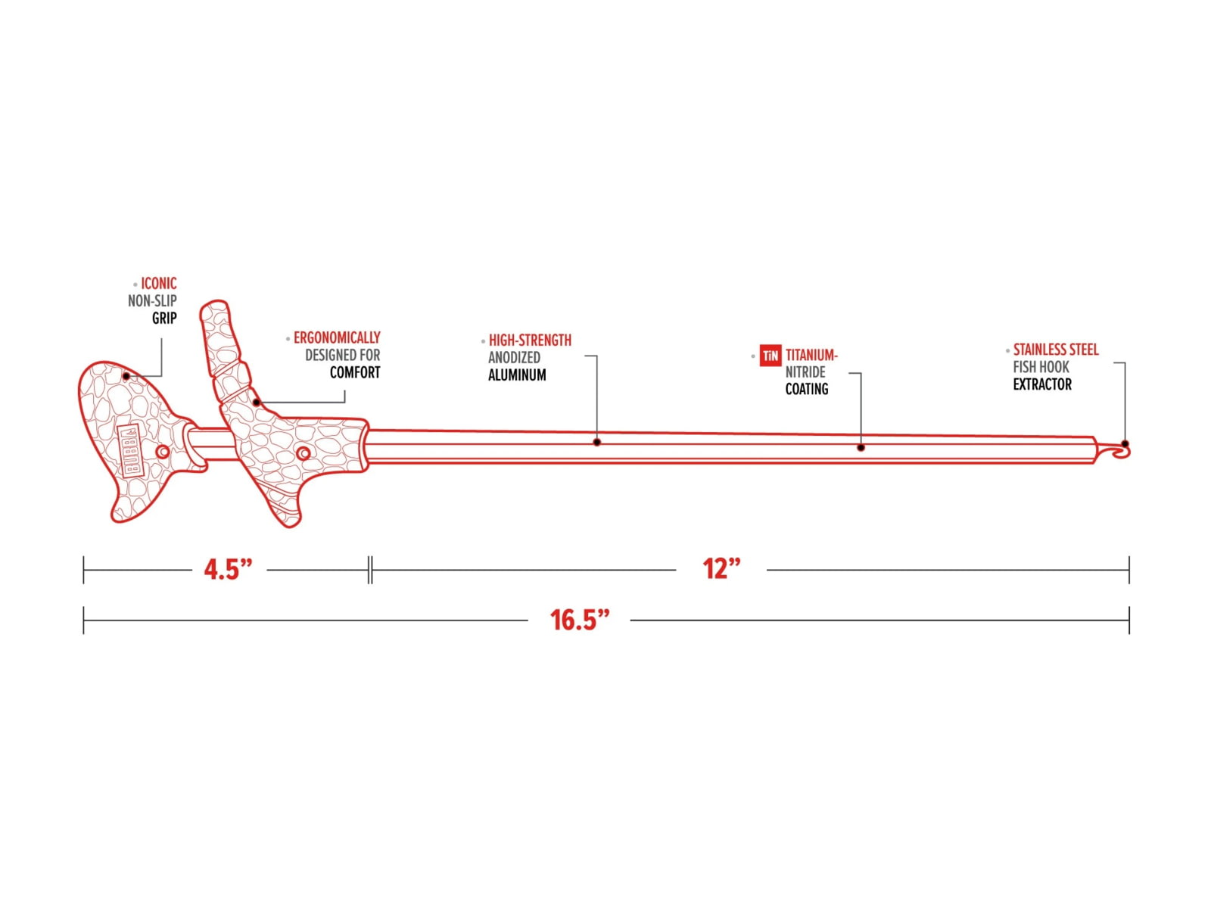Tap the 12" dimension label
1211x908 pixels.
tap(721, 569)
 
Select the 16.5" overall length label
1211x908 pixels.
tap(579, 620)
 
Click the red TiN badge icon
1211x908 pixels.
tap(770, 356)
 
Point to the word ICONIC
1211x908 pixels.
tap(159, 283)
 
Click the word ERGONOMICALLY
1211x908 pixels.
tap(337, 337)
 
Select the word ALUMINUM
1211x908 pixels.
tap(517, 375)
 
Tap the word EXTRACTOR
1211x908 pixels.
tap(1042, 384)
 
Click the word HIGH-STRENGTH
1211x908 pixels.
tap(531, 340)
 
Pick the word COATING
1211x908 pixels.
tap(807, 389)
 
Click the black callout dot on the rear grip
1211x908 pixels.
tap(126, 377)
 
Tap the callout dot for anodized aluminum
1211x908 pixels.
tap(596, 442)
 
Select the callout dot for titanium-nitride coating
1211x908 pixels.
tap(861, 448)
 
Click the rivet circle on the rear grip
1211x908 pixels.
tap(163, 452)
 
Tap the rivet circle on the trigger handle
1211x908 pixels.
tap(304, 454)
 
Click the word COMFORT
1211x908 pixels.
tap(355, 373)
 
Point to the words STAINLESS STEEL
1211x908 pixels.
tap(1056, 350)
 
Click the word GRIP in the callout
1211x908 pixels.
tap(164, 318)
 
